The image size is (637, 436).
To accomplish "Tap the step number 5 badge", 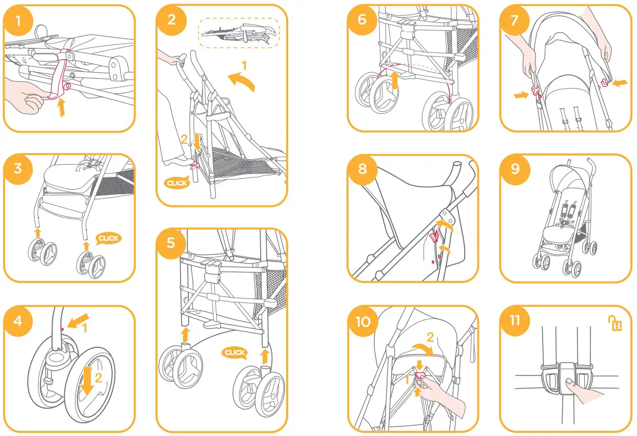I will pyautogui.click(x=170, y=243).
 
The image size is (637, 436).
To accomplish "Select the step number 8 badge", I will pyautogui.click(x=362, y=169).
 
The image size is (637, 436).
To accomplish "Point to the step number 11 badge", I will pyautogui.click(x=515, y=320).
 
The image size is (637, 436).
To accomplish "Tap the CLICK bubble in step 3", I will pyautogui.click(x=108, y=238).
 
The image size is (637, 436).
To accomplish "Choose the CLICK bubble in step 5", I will pyautogui.click(x=235, y=352).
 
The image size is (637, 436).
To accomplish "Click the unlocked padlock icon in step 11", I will pyautogui.click(x=614, y=323).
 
